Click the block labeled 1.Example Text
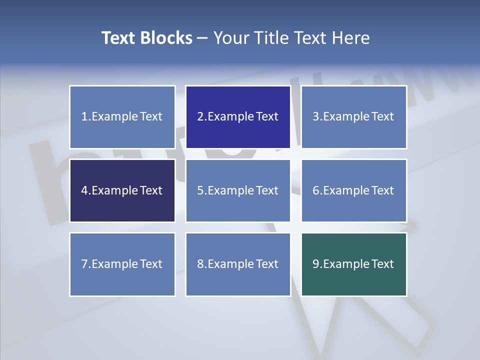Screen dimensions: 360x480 [x=122, y=117]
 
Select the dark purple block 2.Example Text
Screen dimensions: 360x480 [x=238, y=117]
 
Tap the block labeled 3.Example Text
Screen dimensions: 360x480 [x=353, y=117]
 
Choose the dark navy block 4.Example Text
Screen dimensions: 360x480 [x=122, y=190]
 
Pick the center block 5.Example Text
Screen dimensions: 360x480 [x=238, y=190]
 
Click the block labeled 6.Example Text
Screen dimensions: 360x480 [x=353, y=190]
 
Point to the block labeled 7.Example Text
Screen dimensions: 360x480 [x=122, y=264]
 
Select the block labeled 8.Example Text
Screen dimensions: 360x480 [x=238, y=264]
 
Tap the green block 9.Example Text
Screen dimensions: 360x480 [x=353, y=264]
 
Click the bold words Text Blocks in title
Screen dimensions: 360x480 [x=146, y=38]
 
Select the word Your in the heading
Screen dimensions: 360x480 [x=230, y=38]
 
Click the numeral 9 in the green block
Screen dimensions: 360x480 [x=316, y=264]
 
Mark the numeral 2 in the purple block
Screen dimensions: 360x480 [x=200, y=117]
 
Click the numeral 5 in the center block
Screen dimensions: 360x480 [x=200, y=190]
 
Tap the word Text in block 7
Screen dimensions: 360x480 [x=151, y=264]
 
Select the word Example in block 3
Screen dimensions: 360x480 [x=345, y=117]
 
